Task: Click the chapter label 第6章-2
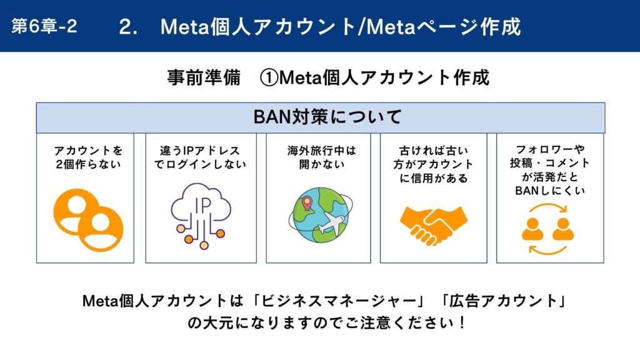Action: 44,26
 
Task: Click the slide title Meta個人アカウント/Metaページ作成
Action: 341,27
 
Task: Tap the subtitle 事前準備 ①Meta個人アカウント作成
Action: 328,77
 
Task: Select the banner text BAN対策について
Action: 327,117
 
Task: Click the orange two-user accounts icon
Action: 88,219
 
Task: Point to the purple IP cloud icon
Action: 201,216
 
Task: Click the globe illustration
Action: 321,215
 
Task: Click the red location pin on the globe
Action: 306,203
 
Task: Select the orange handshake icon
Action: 434,225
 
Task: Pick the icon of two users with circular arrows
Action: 547,229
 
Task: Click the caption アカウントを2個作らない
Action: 89,157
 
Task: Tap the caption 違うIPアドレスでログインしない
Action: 201,157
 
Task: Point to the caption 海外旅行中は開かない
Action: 322,157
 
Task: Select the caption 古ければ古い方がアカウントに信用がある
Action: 434,164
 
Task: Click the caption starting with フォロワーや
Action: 550,170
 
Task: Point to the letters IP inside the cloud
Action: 202,206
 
